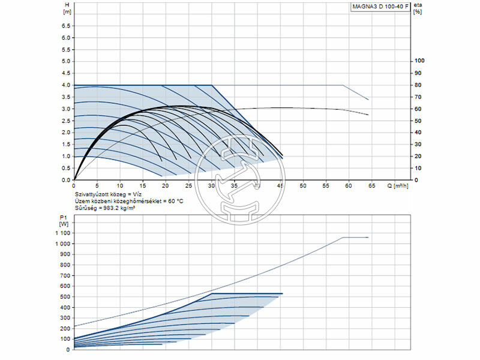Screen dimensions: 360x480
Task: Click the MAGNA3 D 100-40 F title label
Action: click(380, 7)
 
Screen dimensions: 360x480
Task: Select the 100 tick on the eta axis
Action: click(419, 61)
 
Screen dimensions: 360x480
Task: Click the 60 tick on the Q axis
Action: click(349, 186)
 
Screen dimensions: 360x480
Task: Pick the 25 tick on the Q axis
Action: click(188, 186)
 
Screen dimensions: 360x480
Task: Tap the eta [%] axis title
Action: click(418, 8)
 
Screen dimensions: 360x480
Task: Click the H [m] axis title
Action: click(67, 8)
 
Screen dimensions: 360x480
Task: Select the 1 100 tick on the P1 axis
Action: click(63, 232)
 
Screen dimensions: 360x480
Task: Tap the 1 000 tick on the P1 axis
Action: click(63, 244)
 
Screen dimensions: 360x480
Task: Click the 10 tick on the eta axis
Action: click(418, 168)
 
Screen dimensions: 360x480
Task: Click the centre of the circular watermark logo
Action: click(239, 180)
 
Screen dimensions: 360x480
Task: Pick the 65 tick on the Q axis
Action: click(371, 186)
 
